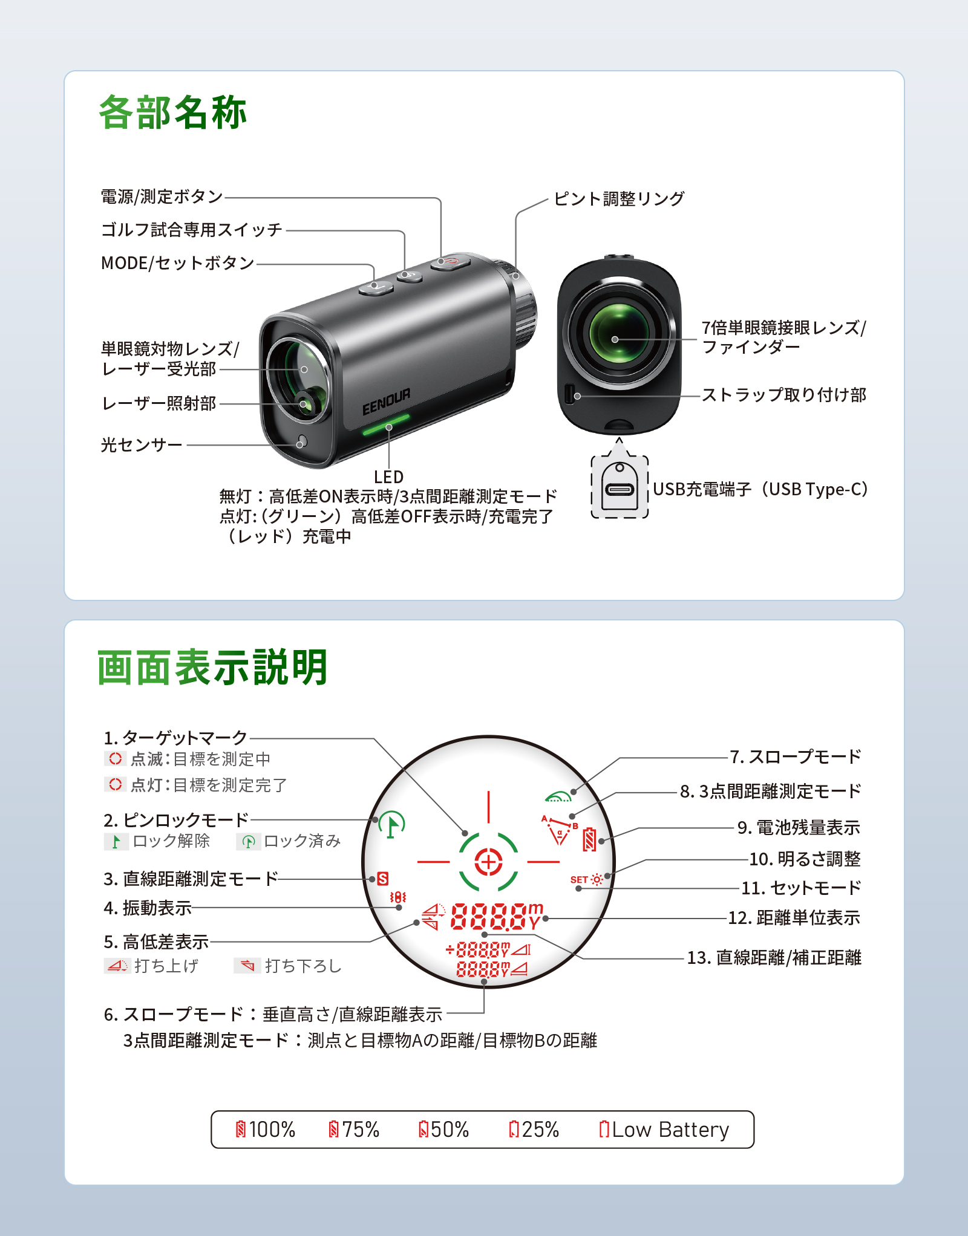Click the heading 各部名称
(173, 113)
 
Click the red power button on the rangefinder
(451, 262)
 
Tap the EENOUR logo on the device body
(386, 402)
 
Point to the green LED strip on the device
(386, 425)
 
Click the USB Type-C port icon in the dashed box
(620, 489)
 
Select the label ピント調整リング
(619, 198)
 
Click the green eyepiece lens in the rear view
(617, 333)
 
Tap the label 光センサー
(142, 445)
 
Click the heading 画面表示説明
(212, 668)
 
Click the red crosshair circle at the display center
(488, 862)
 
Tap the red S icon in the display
(382, 879)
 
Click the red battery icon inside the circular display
(589, 839)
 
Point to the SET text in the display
(579, 880)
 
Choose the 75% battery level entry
(354, 1129)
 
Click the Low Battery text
(670, 1129)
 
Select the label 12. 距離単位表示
(794, 918)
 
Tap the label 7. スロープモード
(795, 757)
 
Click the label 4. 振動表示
(148, 908)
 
